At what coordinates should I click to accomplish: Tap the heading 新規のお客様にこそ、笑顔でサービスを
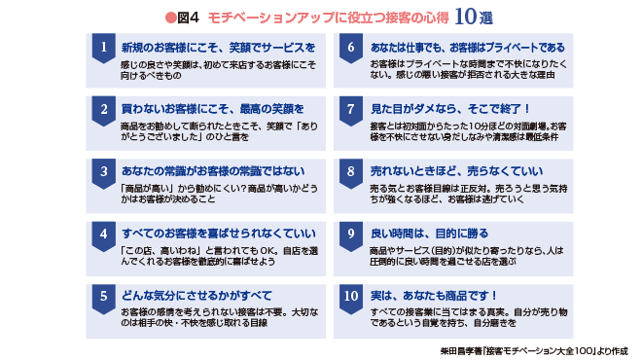coord(218,47)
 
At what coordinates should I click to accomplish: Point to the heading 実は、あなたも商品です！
coord(434,294)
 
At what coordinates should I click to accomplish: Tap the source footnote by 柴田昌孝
coord(524,347)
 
